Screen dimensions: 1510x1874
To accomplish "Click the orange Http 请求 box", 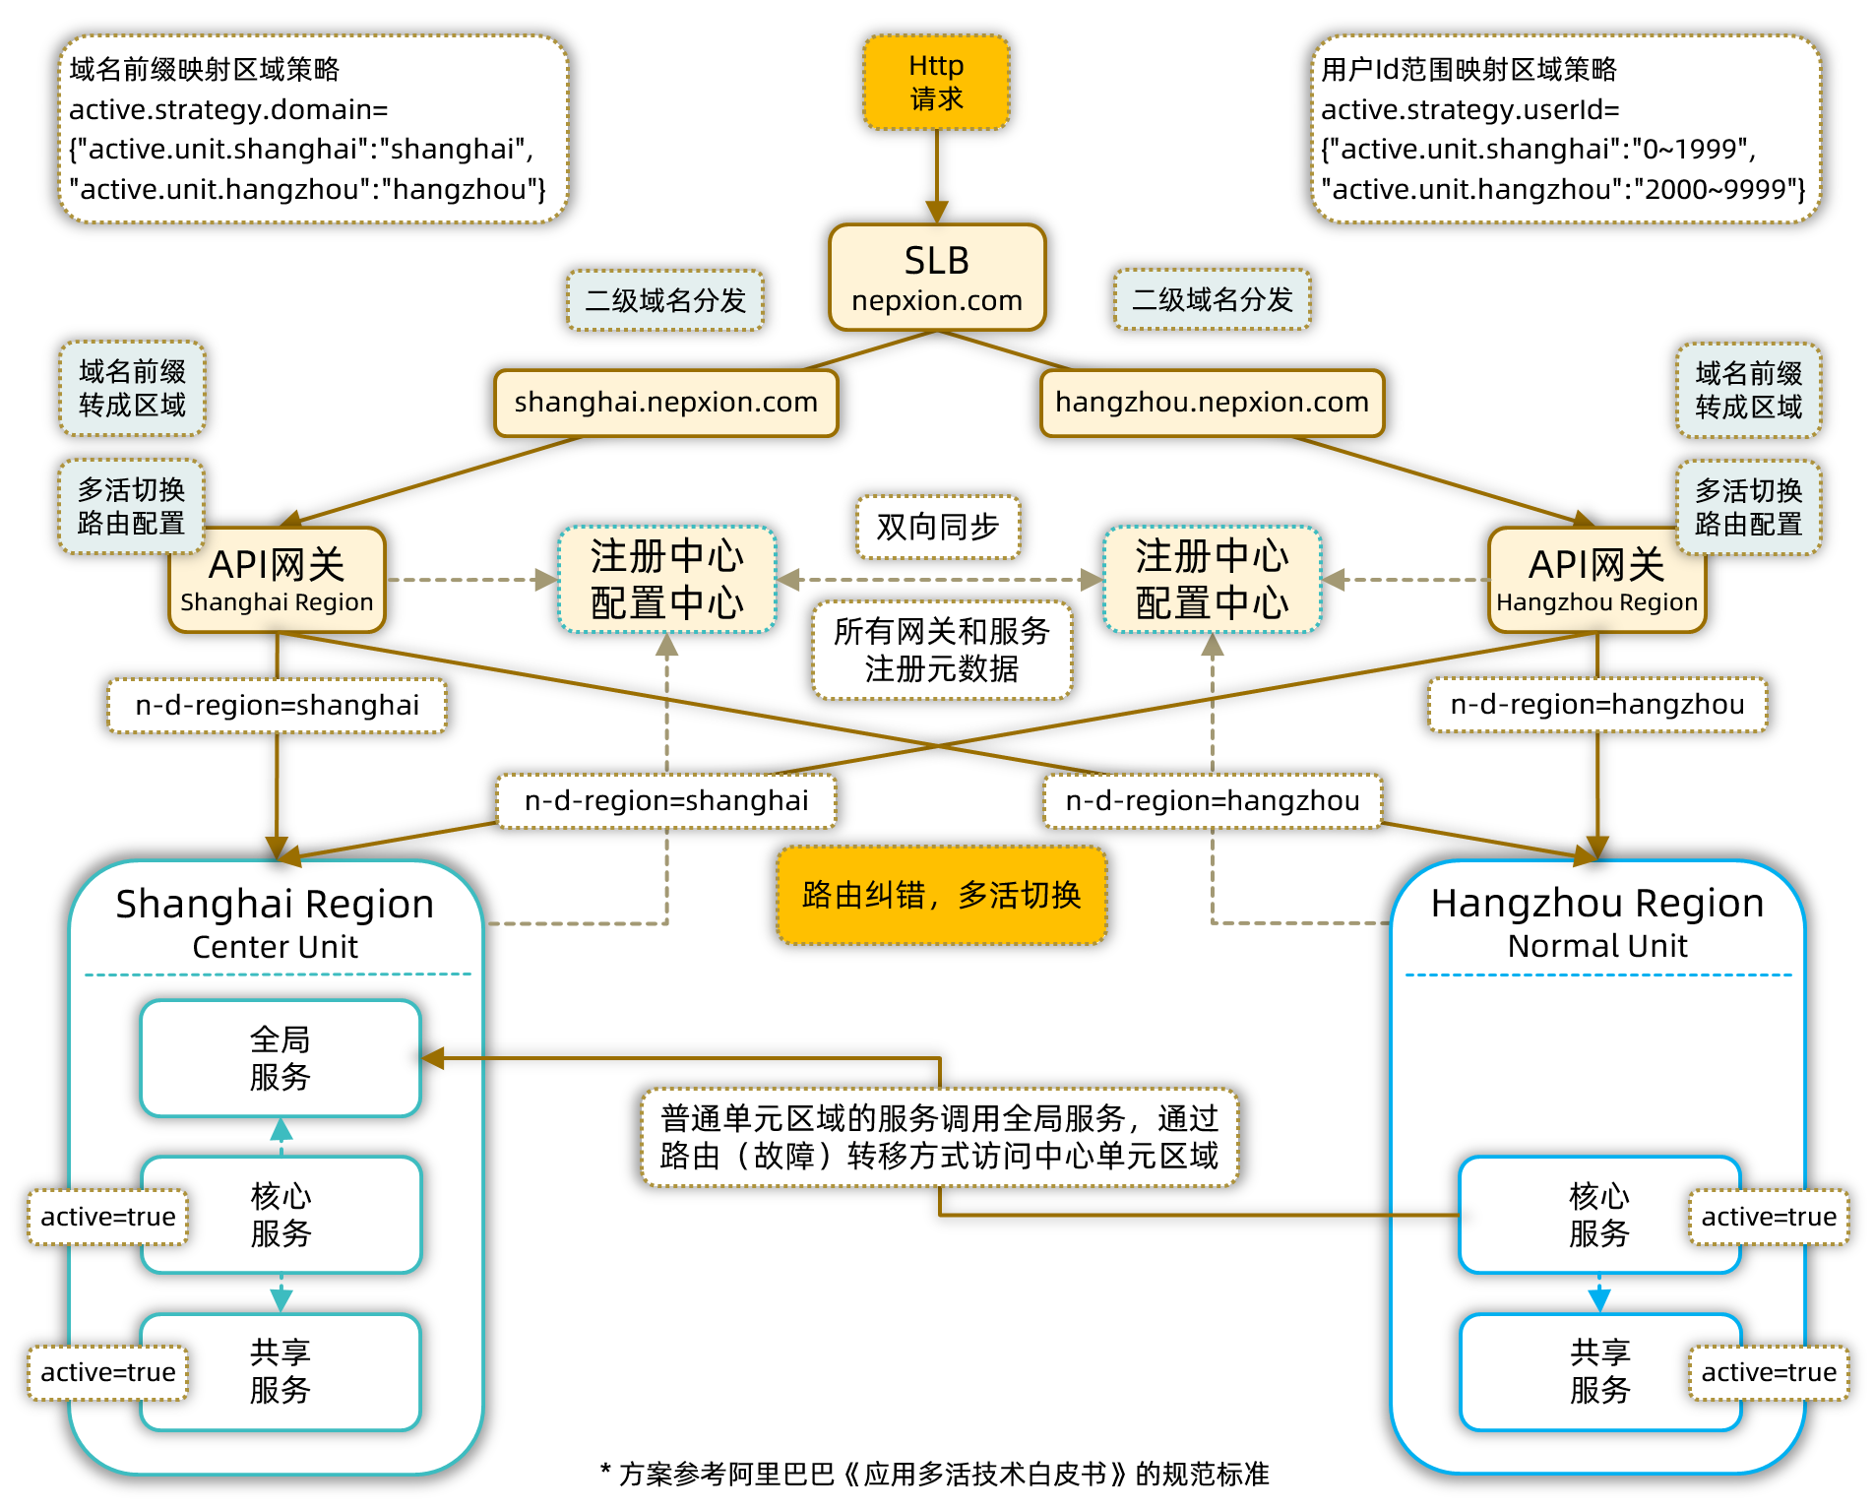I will (x=936, y=83).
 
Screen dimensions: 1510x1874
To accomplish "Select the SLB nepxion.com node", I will (x=936, y=278).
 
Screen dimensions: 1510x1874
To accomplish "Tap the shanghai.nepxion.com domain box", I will (x=665, y=403).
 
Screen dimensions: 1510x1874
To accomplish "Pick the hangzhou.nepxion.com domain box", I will (x=1212, y=403).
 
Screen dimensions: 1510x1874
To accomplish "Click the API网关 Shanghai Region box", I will (x=277, y=580).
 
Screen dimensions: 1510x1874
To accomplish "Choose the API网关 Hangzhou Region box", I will (x=1596, y=580).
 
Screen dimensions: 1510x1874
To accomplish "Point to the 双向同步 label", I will (x=937, y=528).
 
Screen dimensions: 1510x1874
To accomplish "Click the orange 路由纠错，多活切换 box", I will (x=941, y=895).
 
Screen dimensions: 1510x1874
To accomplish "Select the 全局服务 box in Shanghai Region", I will (x=281, y=1058).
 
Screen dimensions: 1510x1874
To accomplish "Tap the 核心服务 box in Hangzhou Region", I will (x=1598, y=1215).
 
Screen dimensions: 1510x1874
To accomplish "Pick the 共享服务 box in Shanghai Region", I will (x=281, y=1371).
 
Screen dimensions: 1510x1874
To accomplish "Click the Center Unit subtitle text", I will (x=275, y=947).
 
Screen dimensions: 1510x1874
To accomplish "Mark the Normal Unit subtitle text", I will (x=1596, y=946).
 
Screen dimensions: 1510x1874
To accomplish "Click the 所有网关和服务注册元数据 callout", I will (x=941, y=650).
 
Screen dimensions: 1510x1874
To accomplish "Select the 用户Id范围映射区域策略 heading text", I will (x=1468, y=69).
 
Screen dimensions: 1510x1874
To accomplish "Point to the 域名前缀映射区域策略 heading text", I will (x=204, y=69).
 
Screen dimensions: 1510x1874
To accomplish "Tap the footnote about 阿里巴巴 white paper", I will (x=935, y=1474).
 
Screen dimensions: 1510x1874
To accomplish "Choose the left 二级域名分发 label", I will (x=665, y=300).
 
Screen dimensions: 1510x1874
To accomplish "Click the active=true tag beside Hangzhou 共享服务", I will (x=1768, y=1372).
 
